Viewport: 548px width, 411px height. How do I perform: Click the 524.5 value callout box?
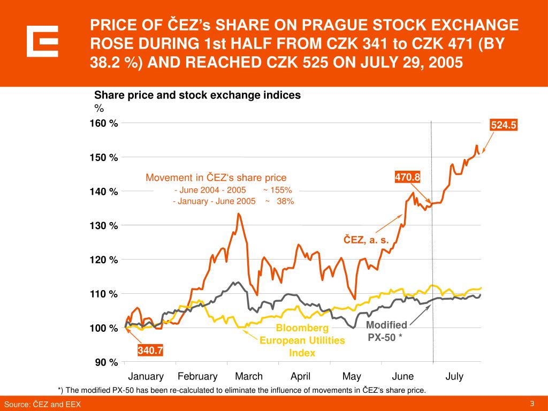(504, 125)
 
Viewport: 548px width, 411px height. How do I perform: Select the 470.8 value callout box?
(408, 176)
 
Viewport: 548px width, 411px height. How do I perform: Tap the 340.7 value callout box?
(150, 351)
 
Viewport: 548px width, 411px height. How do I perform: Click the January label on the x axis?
(146, 376)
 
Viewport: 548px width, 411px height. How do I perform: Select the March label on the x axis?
(249, 376)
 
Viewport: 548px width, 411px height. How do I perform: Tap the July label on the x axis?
(454, 376)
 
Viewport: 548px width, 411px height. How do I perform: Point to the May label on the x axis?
(352, 376)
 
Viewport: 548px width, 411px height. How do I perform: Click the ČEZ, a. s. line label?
(366, 240)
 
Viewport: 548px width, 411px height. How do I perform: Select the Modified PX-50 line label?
(386, 331)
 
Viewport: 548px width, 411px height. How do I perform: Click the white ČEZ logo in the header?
(42, 41)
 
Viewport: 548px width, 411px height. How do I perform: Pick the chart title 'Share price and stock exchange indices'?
(197, 95)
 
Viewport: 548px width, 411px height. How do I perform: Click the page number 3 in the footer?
(532, 404)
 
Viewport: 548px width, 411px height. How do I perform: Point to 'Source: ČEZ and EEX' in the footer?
(43, 405)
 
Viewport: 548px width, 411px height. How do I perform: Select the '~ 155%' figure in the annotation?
(277, 190)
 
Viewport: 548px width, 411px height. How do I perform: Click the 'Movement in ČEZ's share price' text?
(216, 177)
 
